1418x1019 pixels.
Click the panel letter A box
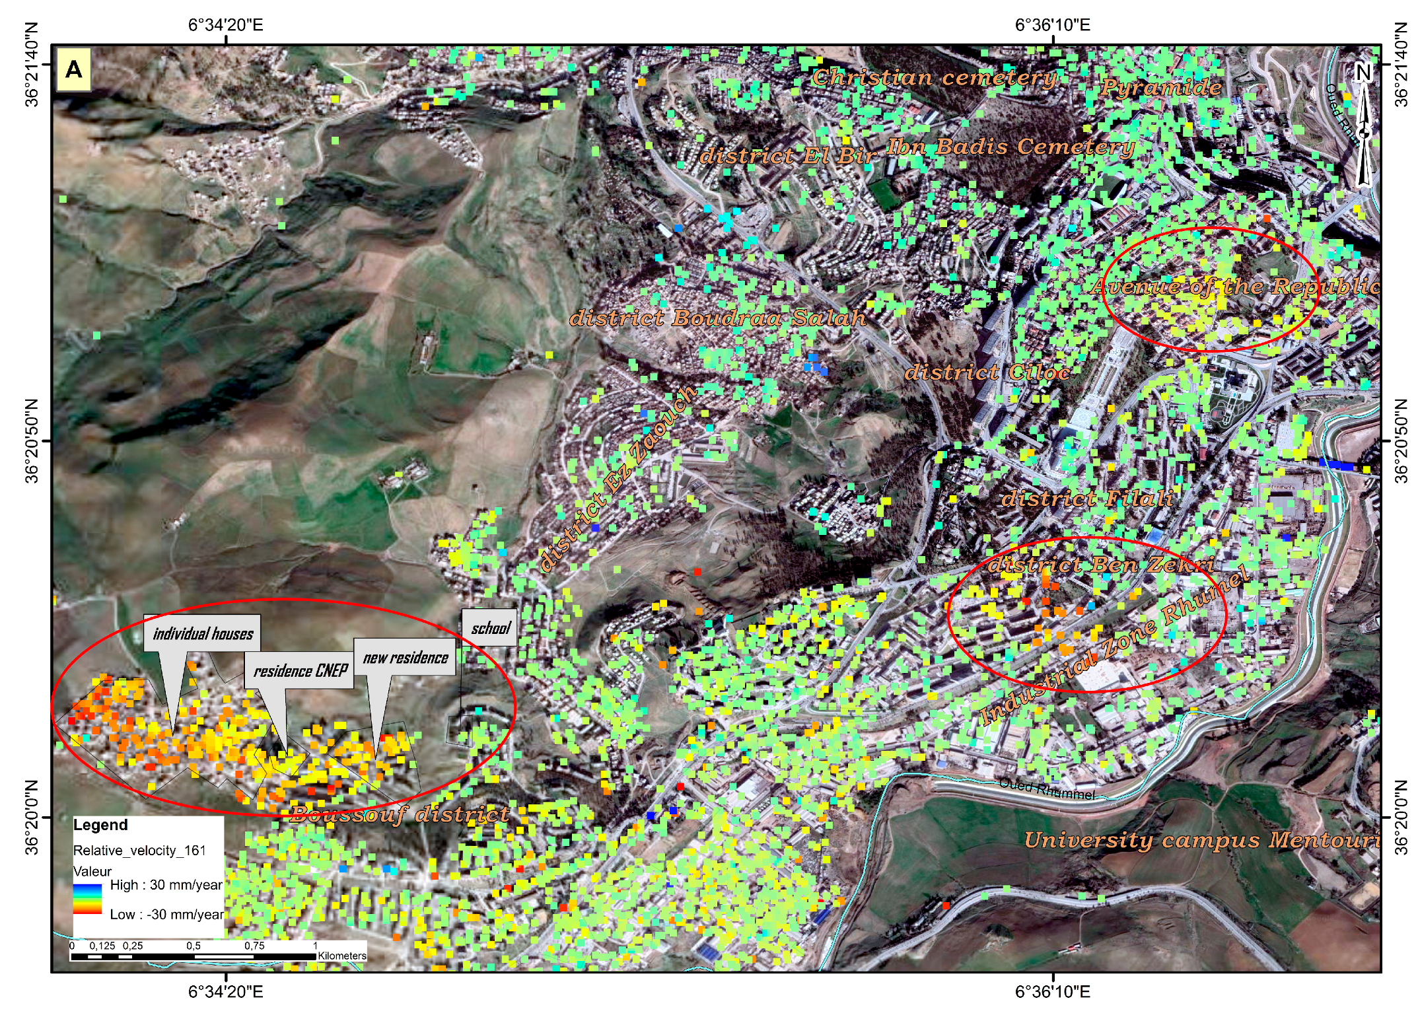pyautogui.click(x=74, y=69)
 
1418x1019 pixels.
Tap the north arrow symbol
pyautogui.click(x=1363, y=125)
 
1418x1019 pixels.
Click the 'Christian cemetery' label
pyautogui.click(x=935, y=78)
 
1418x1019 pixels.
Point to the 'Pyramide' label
pyautogui.click(x=1161, y=87)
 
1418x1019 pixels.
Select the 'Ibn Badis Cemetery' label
pyautogui.click(x=1010, y=147)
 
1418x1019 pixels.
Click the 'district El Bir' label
pyautogui.click(x=788, y=156)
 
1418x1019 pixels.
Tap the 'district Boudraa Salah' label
pyautogui.click(x=718, y=318)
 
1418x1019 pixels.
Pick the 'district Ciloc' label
pyautogui.click(x=987, y=372)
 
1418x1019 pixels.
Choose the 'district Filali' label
pyautogui.click(x=1088, y=498)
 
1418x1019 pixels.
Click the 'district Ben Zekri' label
pyautogui.click(x=1101, y=565)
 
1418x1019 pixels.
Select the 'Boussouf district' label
pyautogui.click(x=400, y=814)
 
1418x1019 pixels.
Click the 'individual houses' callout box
pyautogui.click(x=203, y=634)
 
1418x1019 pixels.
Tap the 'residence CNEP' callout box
pyautogui.click(x=301, y=671)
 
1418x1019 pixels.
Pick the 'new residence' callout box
pyautogui.click(x=406, y=658)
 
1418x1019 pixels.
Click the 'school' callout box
pyautogui.click(x=490, y=628)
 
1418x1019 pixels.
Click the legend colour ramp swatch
pyautogui.click(x=88, y=899)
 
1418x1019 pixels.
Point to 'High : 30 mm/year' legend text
pyautogui.click(x=166, y=885)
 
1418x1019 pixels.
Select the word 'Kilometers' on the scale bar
pyautogui.click(x=342, y=956)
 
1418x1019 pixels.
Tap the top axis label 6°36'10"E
pyautogui.click(x=1052, y=25)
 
